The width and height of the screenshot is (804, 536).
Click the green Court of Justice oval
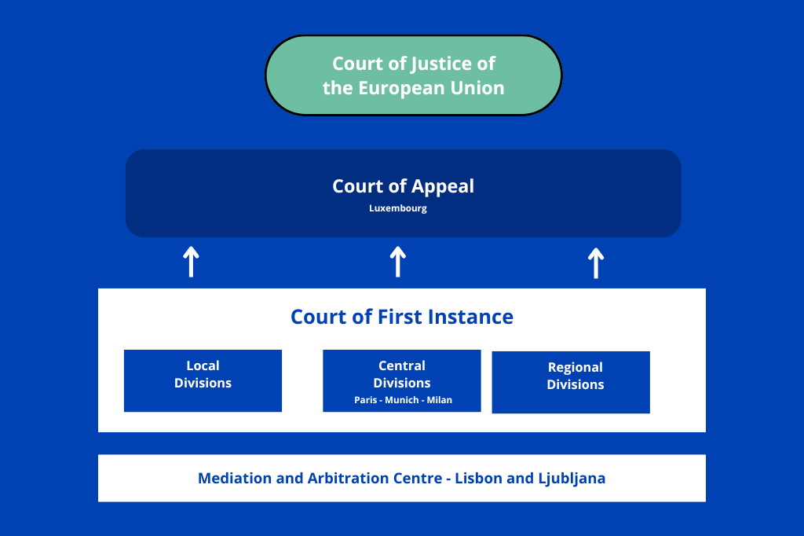413,75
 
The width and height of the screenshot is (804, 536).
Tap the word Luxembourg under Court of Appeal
398,208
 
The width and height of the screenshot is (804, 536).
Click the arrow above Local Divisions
192,262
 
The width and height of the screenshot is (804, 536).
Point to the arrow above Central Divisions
398,262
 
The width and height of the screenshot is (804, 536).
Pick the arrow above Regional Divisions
596,263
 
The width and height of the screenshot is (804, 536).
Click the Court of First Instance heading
402,318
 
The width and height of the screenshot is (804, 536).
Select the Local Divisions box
203,381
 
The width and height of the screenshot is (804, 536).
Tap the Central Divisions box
402,381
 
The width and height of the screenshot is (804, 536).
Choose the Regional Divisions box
571,383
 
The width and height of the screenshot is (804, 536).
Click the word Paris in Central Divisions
366,400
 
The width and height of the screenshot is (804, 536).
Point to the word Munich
402,400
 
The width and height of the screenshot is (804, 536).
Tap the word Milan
440,400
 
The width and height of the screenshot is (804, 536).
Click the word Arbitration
349,479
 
